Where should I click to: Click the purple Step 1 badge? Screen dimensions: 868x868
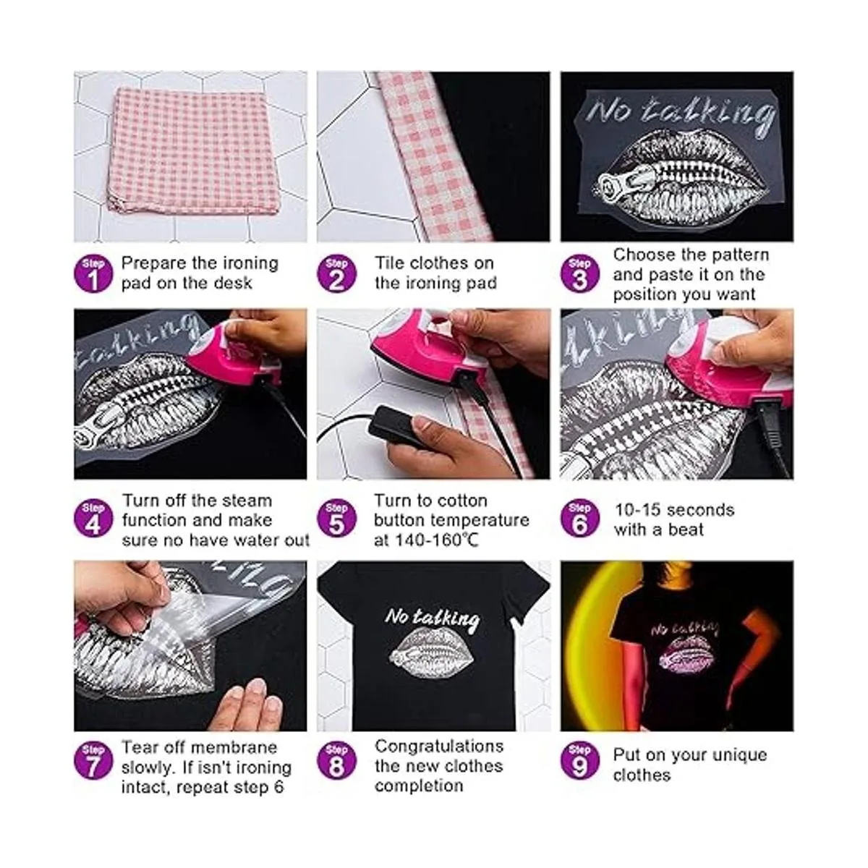coord(93,274)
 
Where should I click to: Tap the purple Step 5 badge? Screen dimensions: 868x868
coord(336,519)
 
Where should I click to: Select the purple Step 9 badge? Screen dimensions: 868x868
coord(579,762)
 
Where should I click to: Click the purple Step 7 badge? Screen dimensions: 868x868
coord(93,762)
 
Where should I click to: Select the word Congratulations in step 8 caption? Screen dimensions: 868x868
coord(439,746)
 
